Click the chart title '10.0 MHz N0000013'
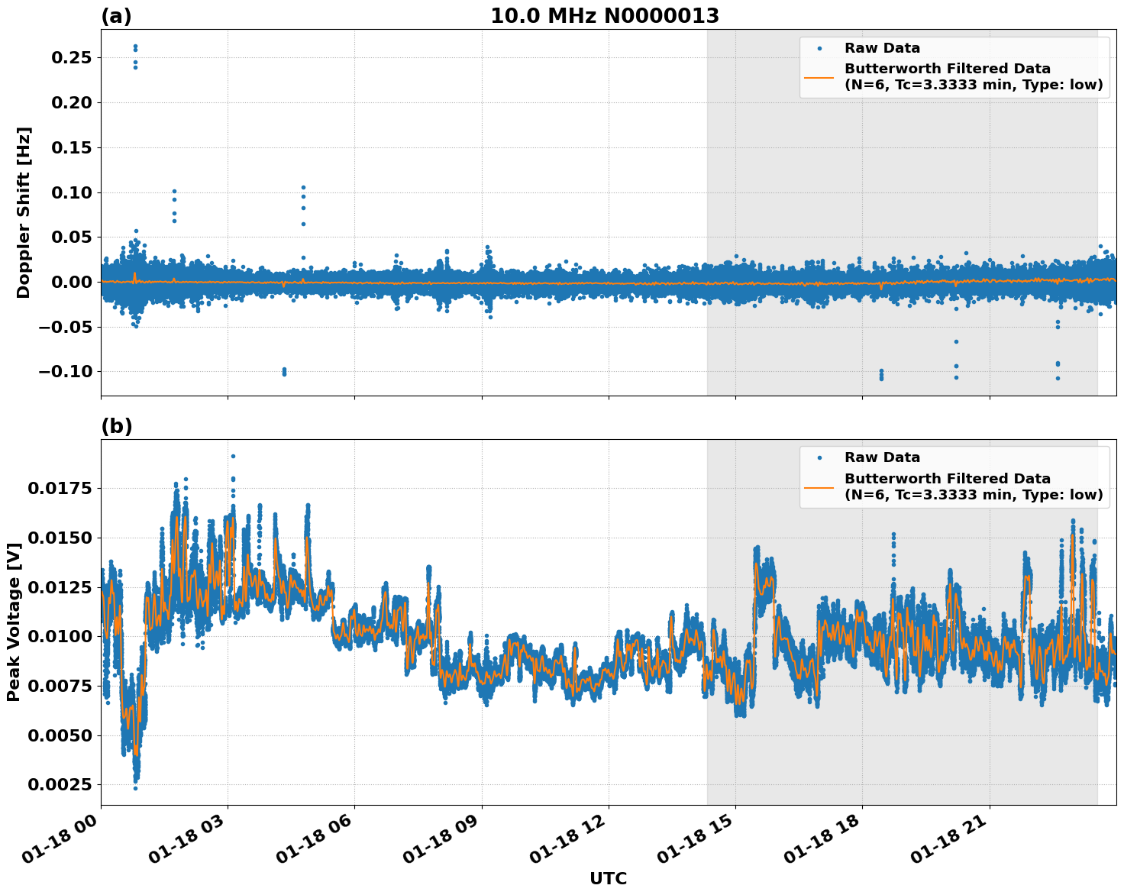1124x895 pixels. point(604,16)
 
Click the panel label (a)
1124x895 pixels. point(116,16)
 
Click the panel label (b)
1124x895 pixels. point(116,426)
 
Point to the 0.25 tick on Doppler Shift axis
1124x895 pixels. point(71,58)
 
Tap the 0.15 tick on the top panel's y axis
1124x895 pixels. point(71,147)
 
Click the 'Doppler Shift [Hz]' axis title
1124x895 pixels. point(24,212)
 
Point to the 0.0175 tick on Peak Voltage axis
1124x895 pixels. point(60,489)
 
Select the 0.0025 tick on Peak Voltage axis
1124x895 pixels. point(60,785)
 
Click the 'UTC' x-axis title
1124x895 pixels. point(608,878)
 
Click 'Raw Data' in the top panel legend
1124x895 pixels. point(882,48)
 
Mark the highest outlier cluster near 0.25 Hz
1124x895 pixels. point(135,48)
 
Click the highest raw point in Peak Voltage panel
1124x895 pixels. point(233,457)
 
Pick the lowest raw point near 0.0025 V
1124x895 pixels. point(135,787)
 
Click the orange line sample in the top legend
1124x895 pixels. point(819,76)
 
